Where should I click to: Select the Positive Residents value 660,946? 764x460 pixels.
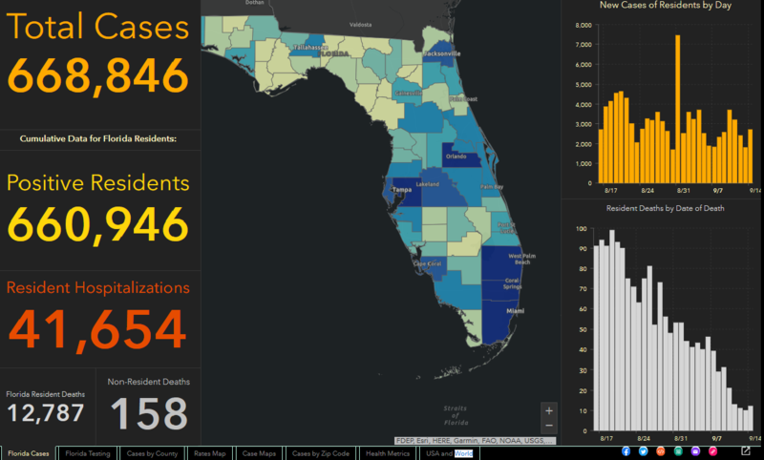click(x=97, y=224)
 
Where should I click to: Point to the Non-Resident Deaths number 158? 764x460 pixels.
click(x=148, y=414)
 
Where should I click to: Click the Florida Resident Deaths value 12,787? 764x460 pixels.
click(x=46, y=413)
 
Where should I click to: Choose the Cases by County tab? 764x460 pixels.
click(x=153, y=453)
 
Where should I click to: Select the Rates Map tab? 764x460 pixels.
click(x=209, y=453)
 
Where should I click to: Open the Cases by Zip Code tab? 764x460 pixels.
click(x=321, y=453)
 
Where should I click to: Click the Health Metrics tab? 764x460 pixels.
click(x=388, y=453)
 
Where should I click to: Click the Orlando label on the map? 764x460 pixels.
click(x=456, y=157)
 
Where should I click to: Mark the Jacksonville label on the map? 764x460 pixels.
click(x=441, y=54)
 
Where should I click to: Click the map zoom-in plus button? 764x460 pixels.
click(x=548, y=410)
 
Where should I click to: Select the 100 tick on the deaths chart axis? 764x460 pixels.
click(x=580, y=229)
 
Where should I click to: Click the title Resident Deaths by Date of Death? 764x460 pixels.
click(x=661, y=208)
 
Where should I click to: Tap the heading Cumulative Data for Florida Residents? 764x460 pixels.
click(x=98, y=138)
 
